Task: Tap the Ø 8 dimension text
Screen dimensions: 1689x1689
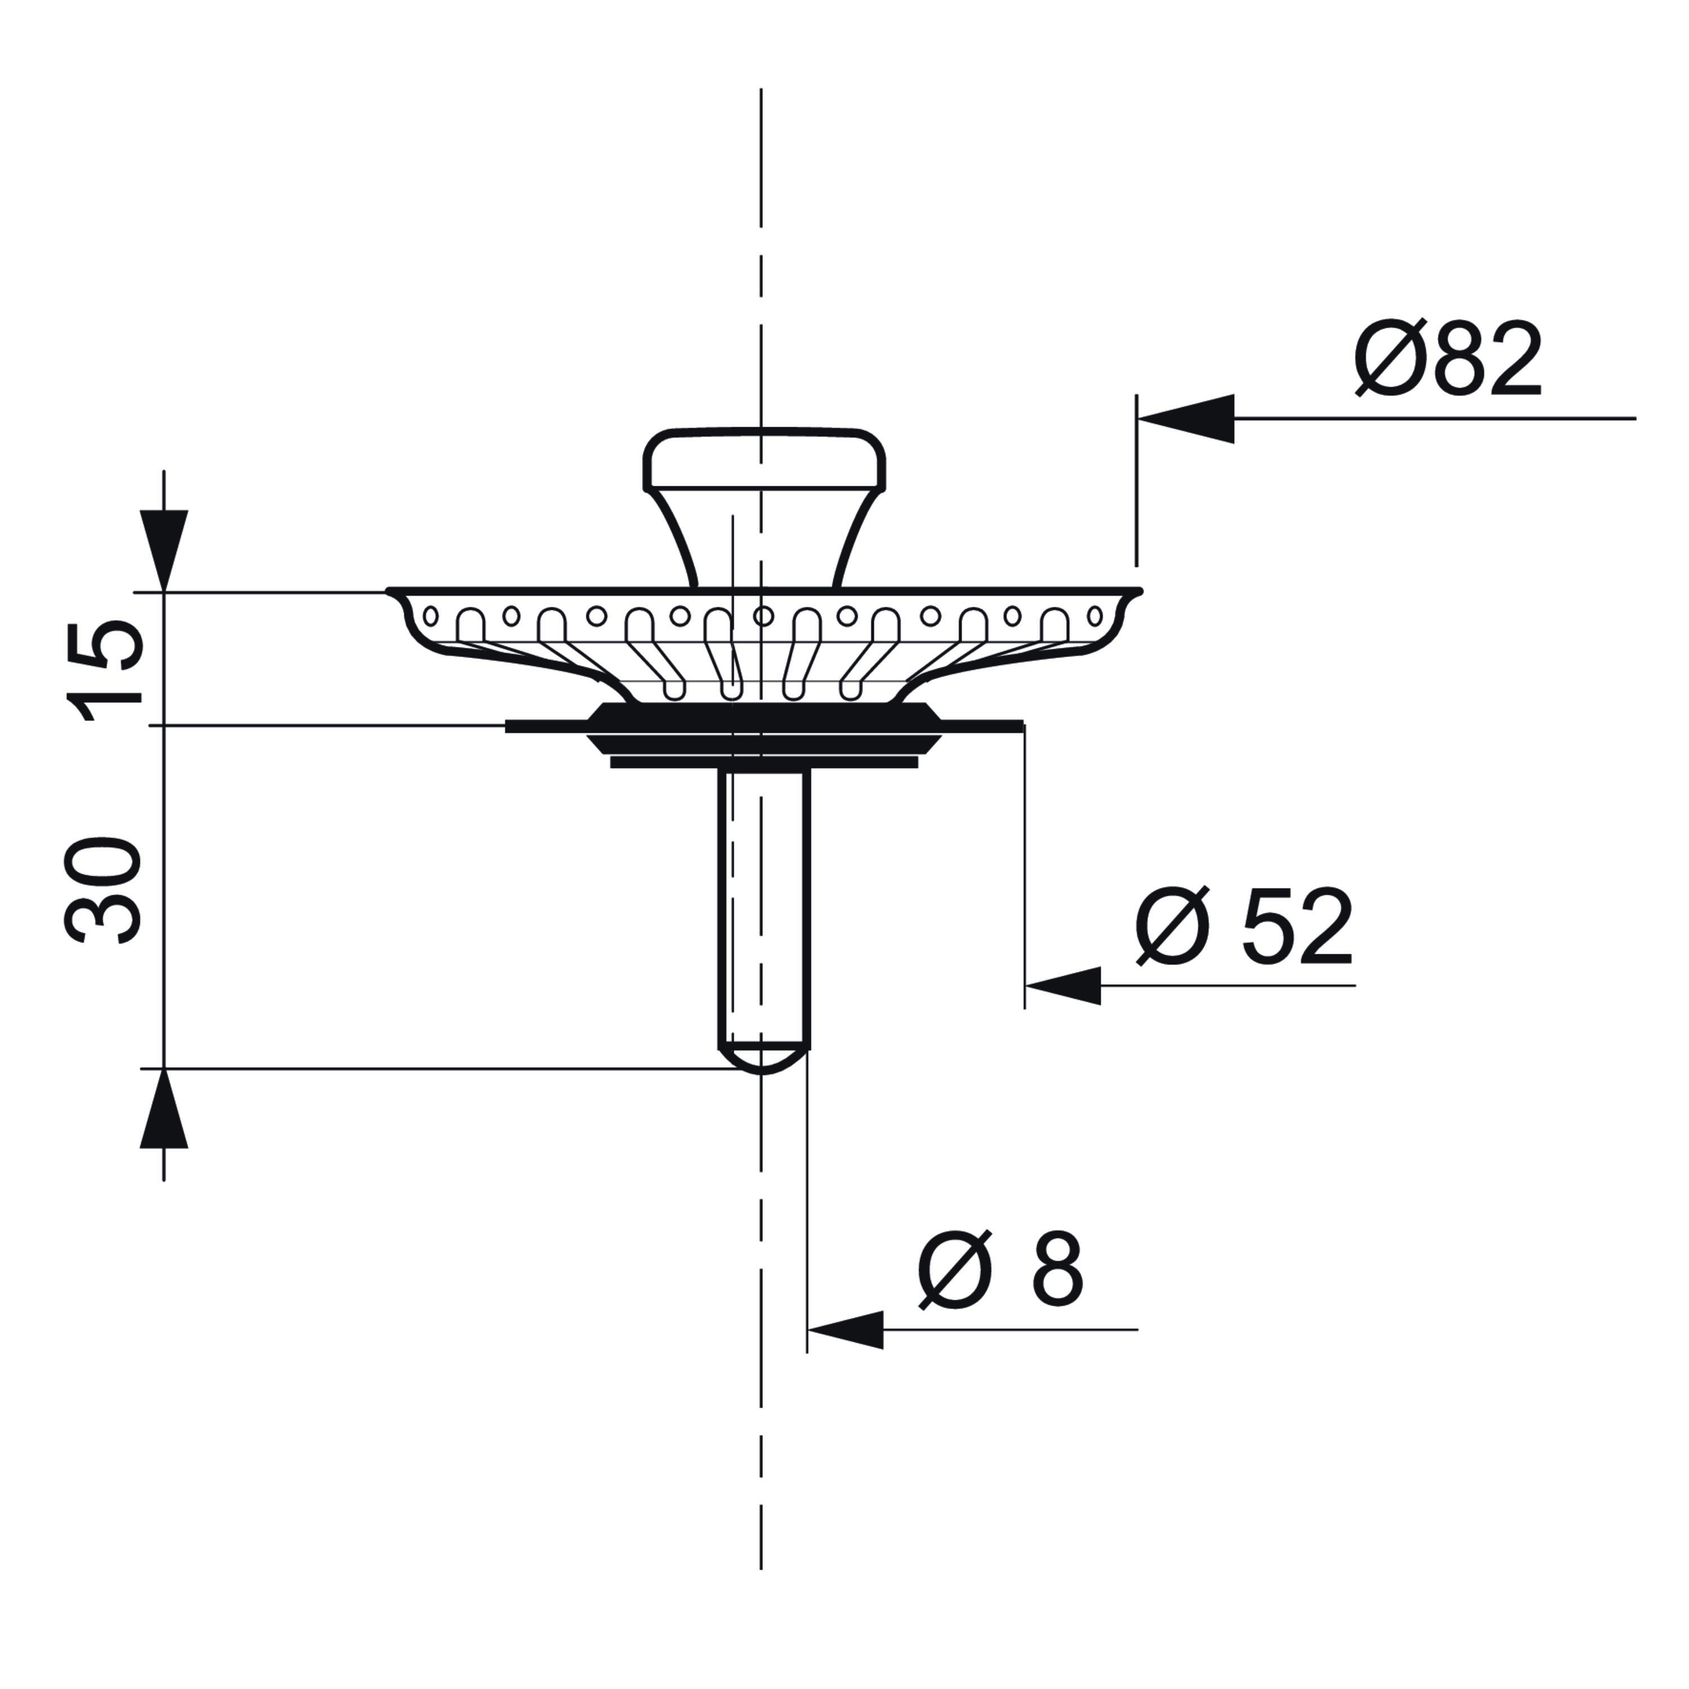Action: [x=1000, y=1270]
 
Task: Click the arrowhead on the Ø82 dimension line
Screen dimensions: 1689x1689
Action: [x=1186, y=419]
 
